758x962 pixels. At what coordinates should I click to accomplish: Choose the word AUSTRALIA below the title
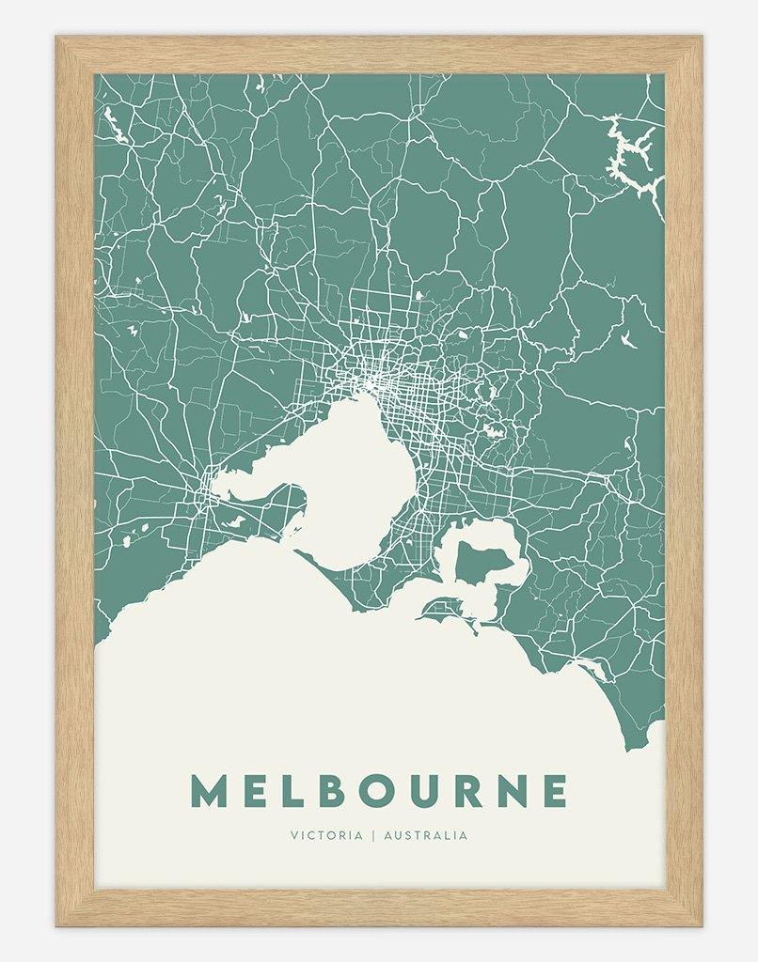(425, 834)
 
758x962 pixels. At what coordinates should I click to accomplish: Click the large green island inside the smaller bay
(482, 565)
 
